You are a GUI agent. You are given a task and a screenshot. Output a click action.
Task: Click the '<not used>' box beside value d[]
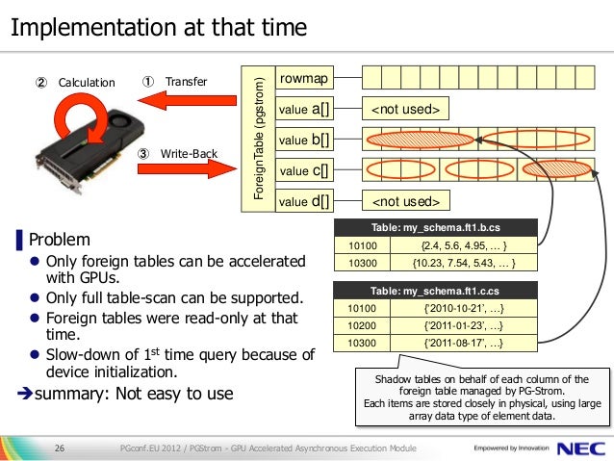(405, 201)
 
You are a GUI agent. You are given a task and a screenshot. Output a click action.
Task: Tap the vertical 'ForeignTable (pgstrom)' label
(258, 139)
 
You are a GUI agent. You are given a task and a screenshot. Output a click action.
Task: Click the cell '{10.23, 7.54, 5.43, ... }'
(462, 260)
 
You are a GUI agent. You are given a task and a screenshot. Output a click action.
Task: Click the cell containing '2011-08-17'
(462, 342)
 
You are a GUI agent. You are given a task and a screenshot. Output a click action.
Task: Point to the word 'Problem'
(60, 239)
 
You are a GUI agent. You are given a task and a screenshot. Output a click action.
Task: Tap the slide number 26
(59, 448)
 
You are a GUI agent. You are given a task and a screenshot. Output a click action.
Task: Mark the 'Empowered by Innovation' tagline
(512, 448)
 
